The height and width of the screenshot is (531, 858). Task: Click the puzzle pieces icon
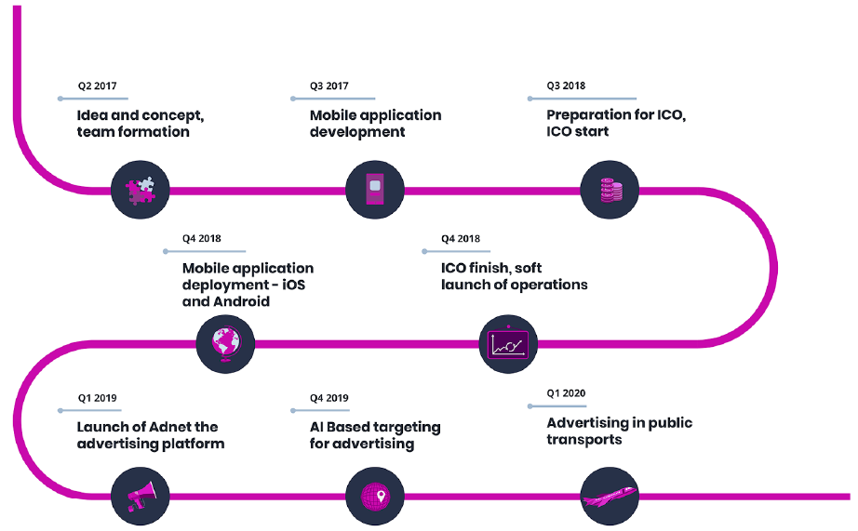point(141,191)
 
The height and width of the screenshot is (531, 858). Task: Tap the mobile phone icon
point(375,189)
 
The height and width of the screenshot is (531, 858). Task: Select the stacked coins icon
point(611,190)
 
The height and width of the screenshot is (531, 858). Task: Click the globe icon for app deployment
point(225,344)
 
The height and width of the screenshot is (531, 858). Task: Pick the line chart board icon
point(508,343)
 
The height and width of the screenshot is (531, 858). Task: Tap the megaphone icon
point(141,496)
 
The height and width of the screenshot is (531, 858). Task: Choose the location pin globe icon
point(375,497)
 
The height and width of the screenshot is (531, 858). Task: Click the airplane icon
point(610,497)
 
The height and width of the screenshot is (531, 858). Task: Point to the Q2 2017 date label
point(97,86)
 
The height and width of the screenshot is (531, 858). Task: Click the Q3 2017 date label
point(328,86)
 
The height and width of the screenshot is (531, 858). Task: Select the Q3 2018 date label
point(566,86)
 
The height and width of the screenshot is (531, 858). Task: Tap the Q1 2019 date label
point(97,398)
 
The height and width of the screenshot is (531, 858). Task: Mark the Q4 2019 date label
point(328,398)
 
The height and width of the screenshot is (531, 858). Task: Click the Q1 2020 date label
point(566,393)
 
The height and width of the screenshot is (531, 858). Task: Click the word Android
point(241,301)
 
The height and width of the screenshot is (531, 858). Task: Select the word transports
point(583,440)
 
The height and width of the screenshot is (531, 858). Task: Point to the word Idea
point(92,115)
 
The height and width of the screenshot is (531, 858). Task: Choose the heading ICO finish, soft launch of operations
point(514,276)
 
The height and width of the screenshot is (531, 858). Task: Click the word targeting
point(408,427)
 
